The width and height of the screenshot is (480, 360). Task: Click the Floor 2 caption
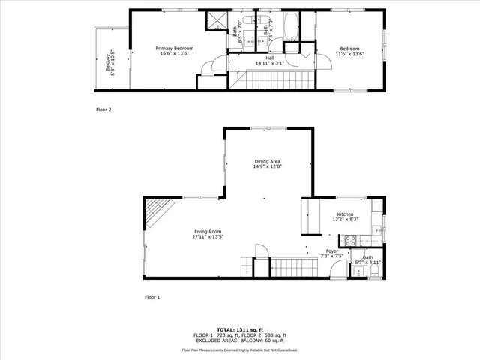(x=103, y=109)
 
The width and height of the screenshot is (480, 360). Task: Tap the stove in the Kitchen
(x=350, y=241)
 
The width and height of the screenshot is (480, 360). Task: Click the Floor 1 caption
(x=152, y=297)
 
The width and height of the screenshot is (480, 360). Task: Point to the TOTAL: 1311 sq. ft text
(x=240, y=329)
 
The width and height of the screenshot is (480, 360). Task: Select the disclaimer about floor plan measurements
(x=240, y=349)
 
